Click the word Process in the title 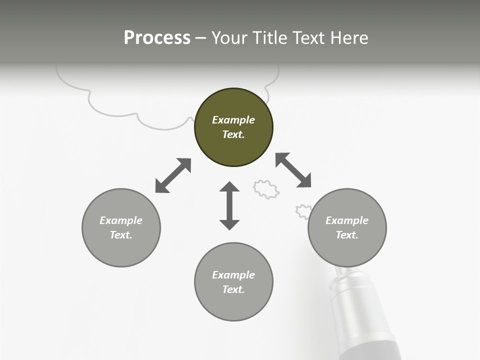(157, 38)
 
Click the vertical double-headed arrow (229, 205)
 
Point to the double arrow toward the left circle (173, 175)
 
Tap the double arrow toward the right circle (293, 170)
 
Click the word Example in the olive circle (233, 120)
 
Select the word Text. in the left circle (121, 235)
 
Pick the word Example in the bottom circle (233, 275)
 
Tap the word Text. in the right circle (347, 235)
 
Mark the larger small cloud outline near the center (265, 189)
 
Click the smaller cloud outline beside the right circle (302, 211)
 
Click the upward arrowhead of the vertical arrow (229, 187)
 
